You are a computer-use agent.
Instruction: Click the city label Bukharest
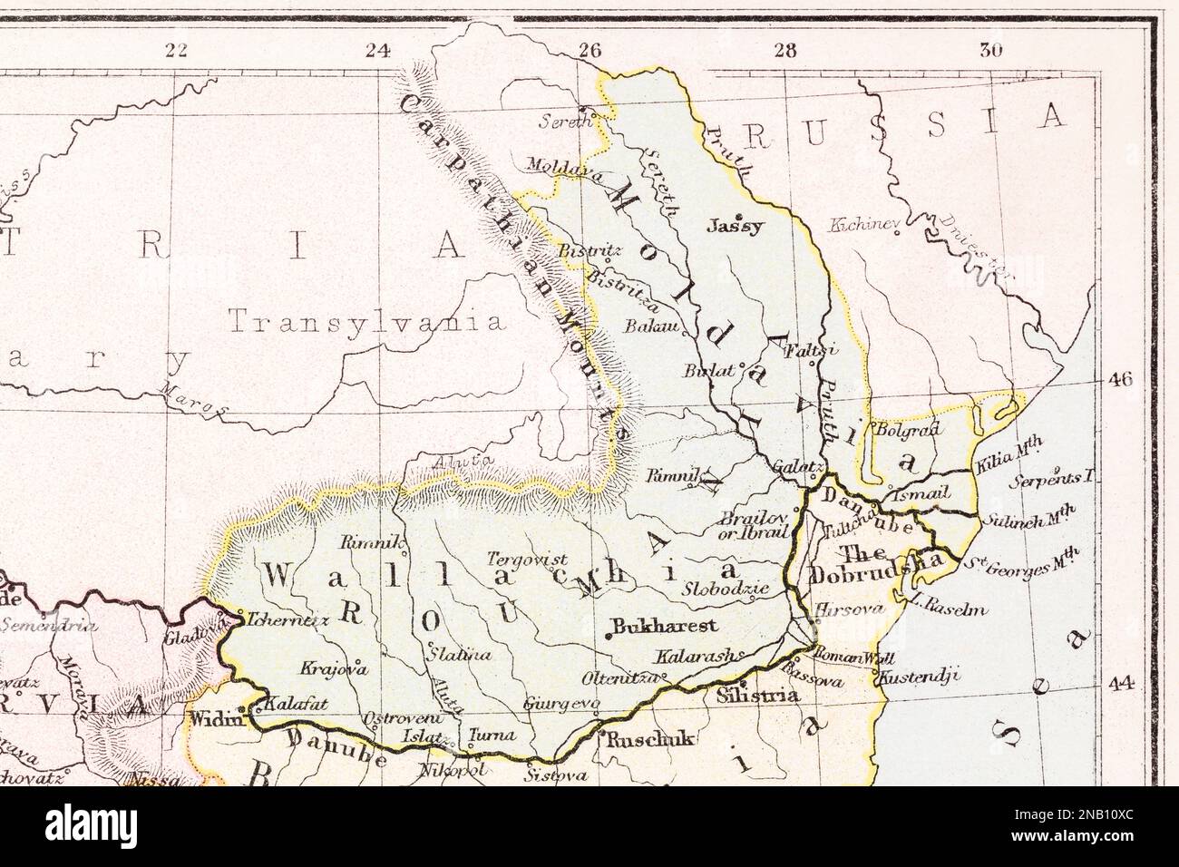666,626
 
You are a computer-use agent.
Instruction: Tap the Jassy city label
736,228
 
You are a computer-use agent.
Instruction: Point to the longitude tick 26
589,51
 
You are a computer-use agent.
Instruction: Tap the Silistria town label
758,697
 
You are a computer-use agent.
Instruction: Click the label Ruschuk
650,739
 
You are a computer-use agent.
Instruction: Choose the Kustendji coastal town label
916,677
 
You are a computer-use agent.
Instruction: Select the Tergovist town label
527,560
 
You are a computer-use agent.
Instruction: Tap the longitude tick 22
177,51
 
